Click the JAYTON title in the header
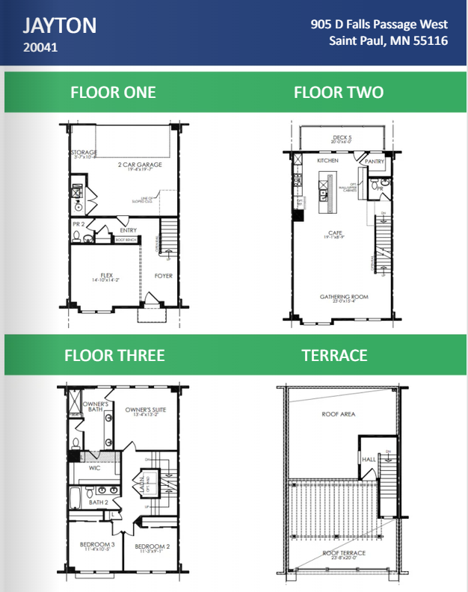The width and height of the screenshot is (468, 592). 60,26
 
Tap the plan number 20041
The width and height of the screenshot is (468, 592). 40,49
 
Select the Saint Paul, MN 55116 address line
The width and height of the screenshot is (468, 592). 388,40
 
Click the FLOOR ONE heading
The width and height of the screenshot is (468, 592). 113,92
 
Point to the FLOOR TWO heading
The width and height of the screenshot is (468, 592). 339,92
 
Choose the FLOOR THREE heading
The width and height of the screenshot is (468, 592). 114,355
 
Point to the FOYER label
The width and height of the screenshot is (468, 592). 163,276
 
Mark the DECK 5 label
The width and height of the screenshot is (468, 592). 342,138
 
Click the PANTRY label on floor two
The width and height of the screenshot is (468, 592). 375,161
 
